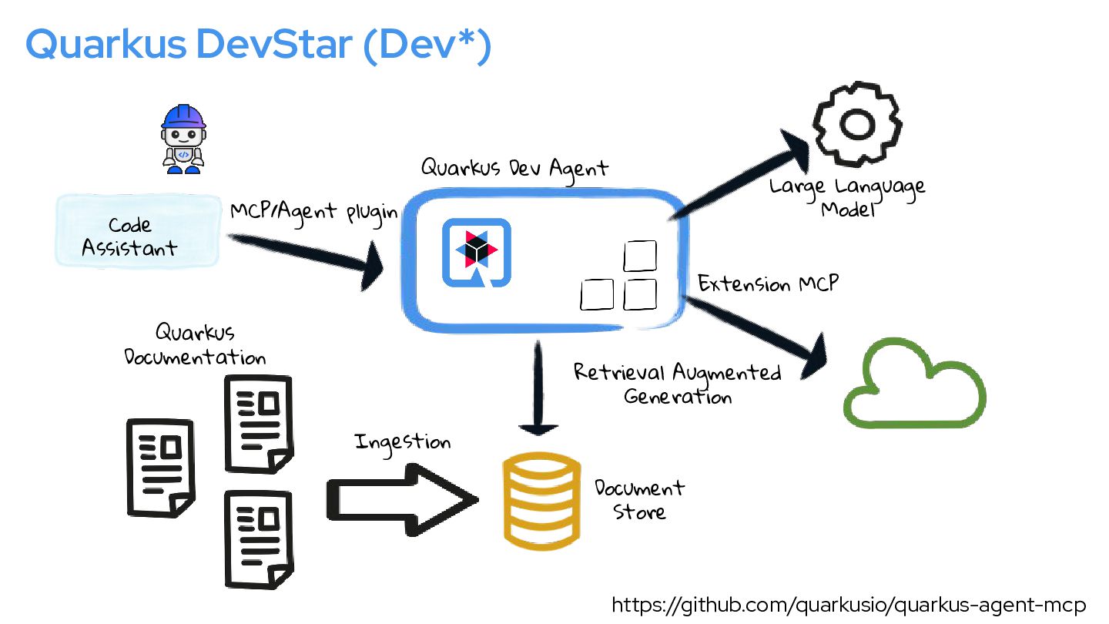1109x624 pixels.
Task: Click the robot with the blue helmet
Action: pos(183,139)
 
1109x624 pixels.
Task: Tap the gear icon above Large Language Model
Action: pos(857,124)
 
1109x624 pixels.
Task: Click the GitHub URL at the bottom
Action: pos(848,605)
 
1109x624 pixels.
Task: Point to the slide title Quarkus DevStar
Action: pos(259,45)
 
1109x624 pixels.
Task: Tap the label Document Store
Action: pos(639,499)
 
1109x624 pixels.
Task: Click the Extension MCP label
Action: pos(768,283)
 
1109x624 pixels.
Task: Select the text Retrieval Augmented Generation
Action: pos(678,384)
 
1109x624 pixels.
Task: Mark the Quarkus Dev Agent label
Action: pos(514,167)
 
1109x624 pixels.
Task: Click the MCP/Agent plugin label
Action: pos(313,211)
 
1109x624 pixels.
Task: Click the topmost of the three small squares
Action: pos(640,257)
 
